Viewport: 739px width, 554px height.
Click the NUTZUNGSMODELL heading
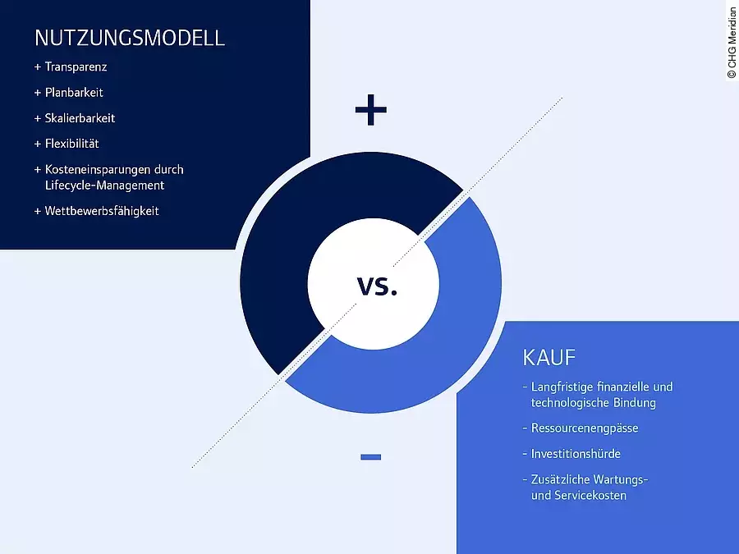(x=130, y=38)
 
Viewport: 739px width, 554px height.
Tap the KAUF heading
(x=549, y=358)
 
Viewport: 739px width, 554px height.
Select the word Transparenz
(x=76, y=67)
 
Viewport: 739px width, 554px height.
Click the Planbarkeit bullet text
(x=74, y=92)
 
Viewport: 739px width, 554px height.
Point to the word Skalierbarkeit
(x=80, y=117)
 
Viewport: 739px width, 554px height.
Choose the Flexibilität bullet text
(x=71, y=143)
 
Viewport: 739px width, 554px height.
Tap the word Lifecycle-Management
(x=104, y=185)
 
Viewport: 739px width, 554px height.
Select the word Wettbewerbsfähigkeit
(x=102, y=211)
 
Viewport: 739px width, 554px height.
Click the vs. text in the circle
(x=377, y=286)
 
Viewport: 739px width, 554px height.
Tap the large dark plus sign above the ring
(x=371, y=110)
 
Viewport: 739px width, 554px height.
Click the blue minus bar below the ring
(x=371, y=457)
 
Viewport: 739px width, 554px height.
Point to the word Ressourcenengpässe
(x=585, y=428)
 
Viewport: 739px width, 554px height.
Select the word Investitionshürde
(x=576, y=454)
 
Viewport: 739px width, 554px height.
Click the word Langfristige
(x=562, y=387)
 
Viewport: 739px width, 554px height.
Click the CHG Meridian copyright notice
(x=732, y=42)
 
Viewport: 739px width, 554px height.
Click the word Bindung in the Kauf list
(x=635, y=403)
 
